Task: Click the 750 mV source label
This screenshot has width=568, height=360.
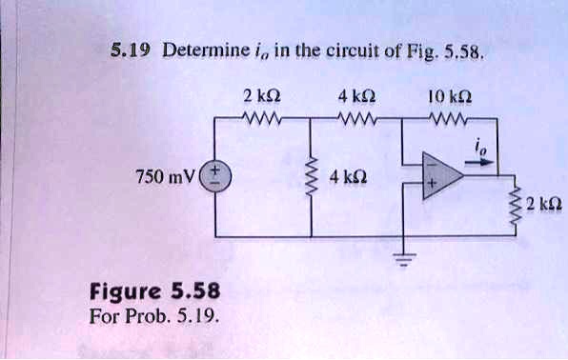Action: tap(168, 175)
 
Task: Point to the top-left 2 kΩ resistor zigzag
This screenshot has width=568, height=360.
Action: tap(260, 120)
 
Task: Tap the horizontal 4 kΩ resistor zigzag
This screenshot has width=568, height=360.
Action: tap(355, 120)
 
